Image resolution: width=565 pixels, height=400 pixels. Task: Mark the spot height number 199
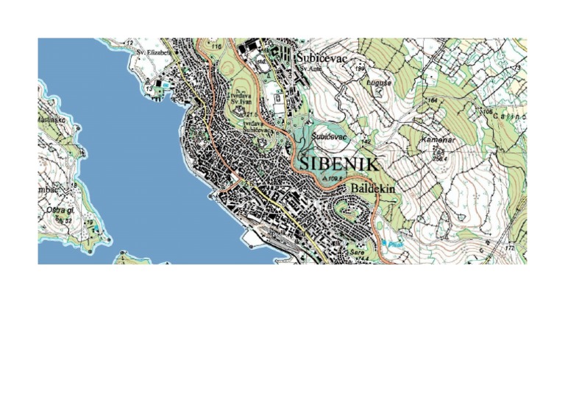pyautogui.click(x=360, y=69)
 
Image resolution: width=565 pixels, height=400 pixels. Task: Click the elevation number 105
pyautogui.click(x=487, y=112)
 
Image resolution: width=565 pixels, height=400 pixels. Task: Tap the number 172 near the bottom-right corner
pyautogui.click(x=509, y=248)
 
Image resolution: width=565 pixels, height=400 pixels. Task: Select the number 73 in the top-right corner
pyautogui.click(x=517, y=69)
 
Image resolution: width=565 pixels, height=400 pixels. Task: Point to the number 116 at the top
pyautogui.click(x=216, y=47)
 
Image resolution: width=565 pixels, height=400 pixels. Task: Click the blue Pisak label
pyautogui.click(x=390, y=243)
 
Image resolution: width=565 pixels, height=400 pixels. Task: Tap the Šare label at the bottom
pyautogui.click(x=357, y=252)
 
